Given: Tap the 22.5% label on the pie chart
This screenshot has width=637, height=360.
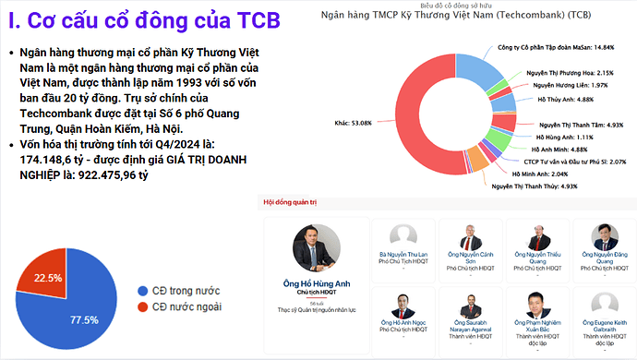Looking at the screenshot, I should pyautogui.click(x=47, y=277).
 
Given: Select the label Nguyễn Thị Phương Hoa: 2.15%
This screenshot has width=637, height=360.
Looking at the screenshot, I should pyautogui.click(x=570, y=72).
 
